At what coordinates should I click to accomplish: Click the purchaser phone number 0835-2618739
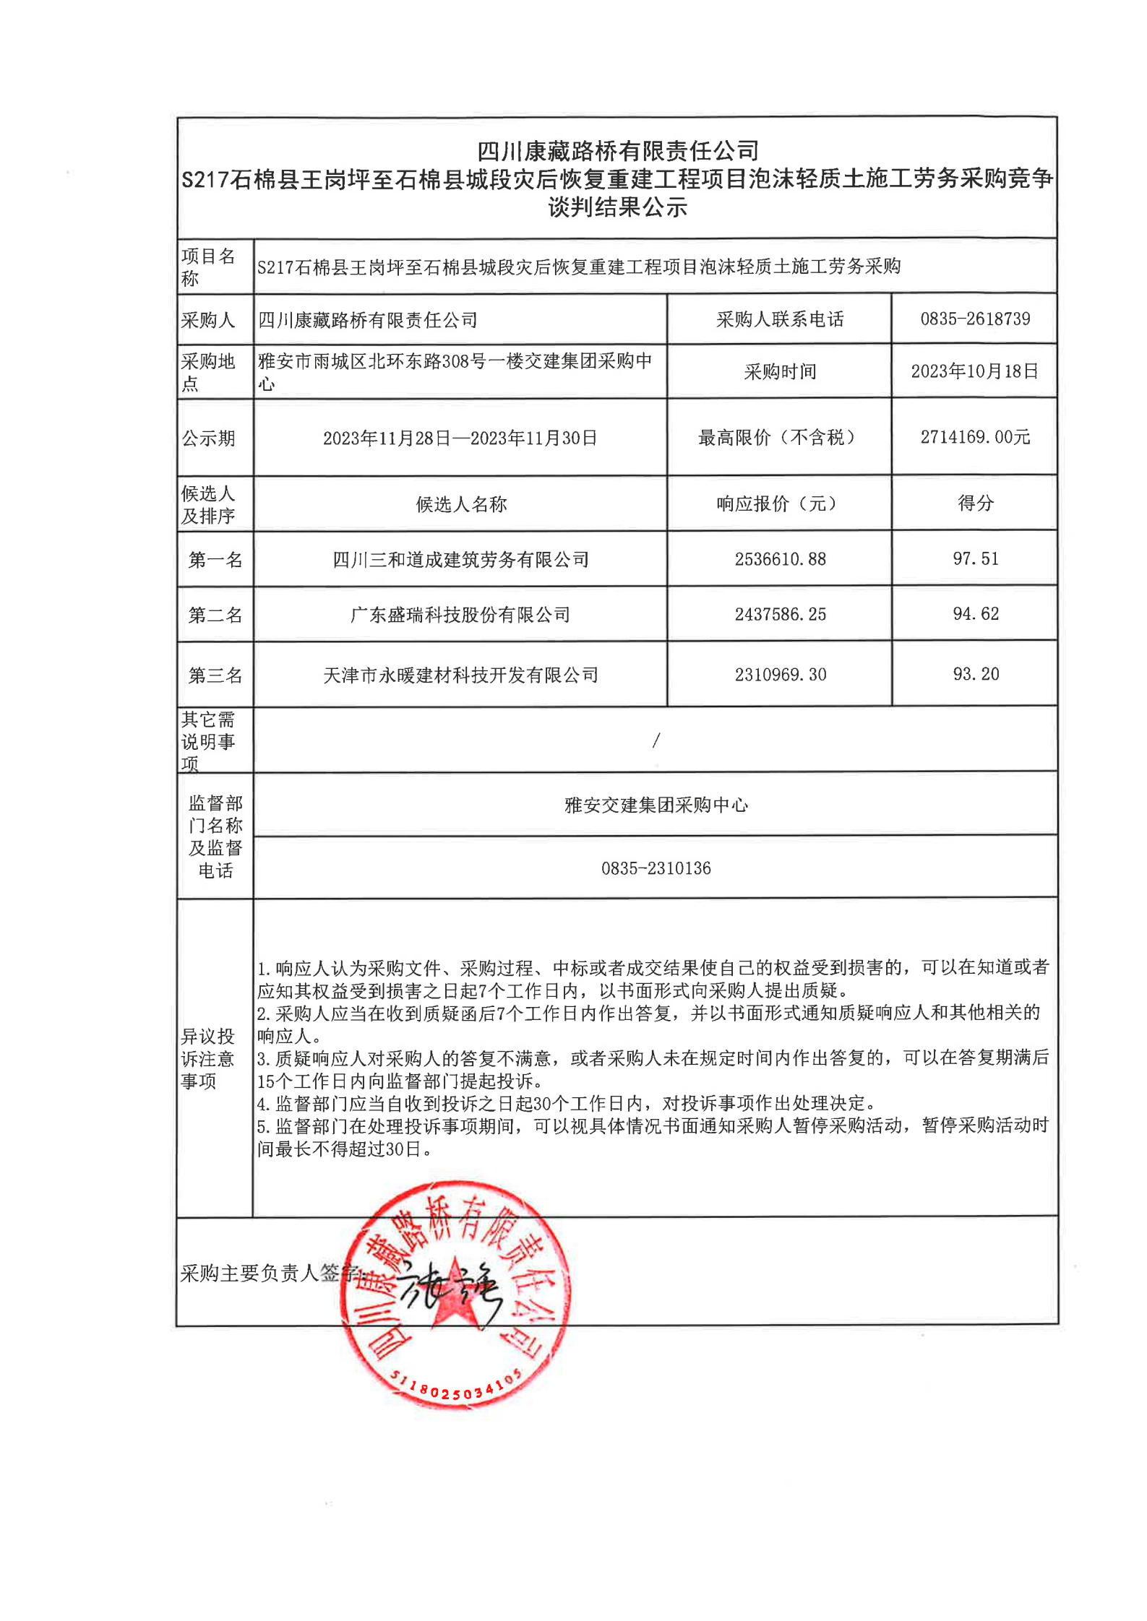click(974, 319)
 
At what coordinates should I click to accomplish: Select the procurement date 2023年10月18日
click(974, 371)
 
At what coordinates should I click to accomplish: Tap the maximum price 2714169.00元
click(974, 437)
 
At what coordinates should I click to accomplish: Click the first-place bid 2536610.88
click(780, 559)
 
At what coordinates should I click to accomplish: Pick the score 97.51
click(975, 558)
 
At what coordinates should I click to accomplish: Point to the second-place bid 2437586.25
click(780, 615)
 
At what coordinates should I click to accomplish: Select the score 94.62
click(975, 614)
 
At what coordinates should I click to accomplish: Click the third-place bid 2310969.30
click(780, 675)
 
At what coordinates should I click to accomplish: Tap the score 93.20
click(975, 674)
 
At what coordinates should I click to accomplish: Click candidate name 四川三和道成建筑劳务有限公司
click(460, 560)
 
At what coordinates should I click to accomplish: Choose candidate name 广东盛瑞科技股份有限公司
click(460, 615)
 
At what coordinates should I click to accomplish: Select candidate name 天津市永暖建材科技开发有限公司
click(460, 675)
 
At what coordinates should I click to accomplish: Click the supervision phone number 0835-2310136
click(656, 868)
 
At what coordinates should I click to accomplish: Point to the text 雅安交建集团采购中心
click(656, 805)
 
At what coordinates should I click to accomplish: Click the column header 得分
click(975, 503)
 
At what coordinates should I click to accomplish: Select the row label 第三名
click(215, 675)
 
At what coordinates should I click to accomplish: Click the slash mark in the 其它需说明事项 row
click(656, 740)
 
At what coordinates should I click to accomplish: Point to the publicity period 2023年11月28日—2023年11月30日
click(460, 438)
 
